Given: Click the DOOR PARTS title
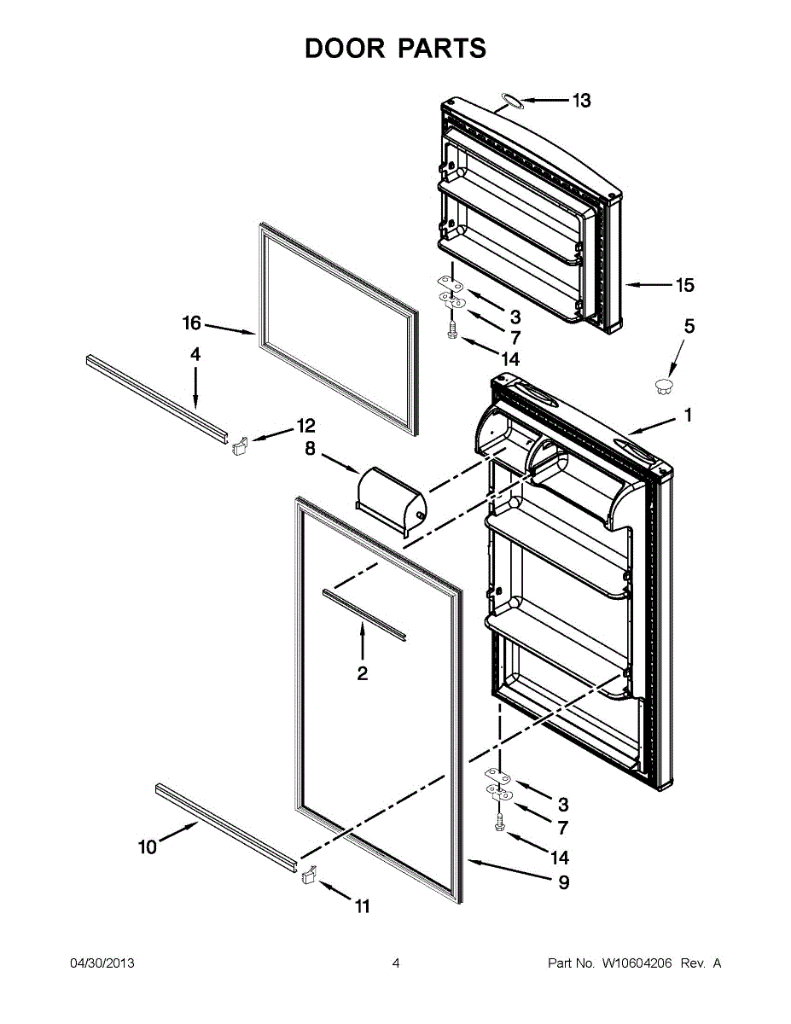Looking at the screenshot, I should point(395,49).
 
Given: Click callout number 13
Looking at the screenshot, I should point(581,101).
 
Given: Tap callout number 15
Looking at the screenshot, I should point(685,286).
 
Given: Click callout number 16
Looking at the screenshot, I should point(191,323).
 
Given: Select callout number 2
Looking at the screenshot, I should point(363,674).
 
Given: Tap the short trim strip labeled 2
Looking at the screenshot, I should point(364,613).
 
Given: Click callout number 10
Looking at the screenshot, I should point(148,847).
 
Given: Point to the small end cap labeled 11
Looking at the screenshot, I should point(308,875).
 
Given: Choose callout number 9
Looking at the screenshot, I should point(563,883).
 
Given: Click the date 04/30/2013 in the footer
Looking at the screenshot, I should point(102,963).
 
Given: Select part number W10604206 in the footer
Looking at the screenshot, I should point(637,963).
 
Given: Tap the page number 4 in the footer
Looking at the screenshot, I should point(396,963).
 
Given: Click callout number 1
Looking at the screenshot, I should point(687,416).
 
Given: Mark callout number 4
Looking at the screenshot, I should point(195,353).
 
